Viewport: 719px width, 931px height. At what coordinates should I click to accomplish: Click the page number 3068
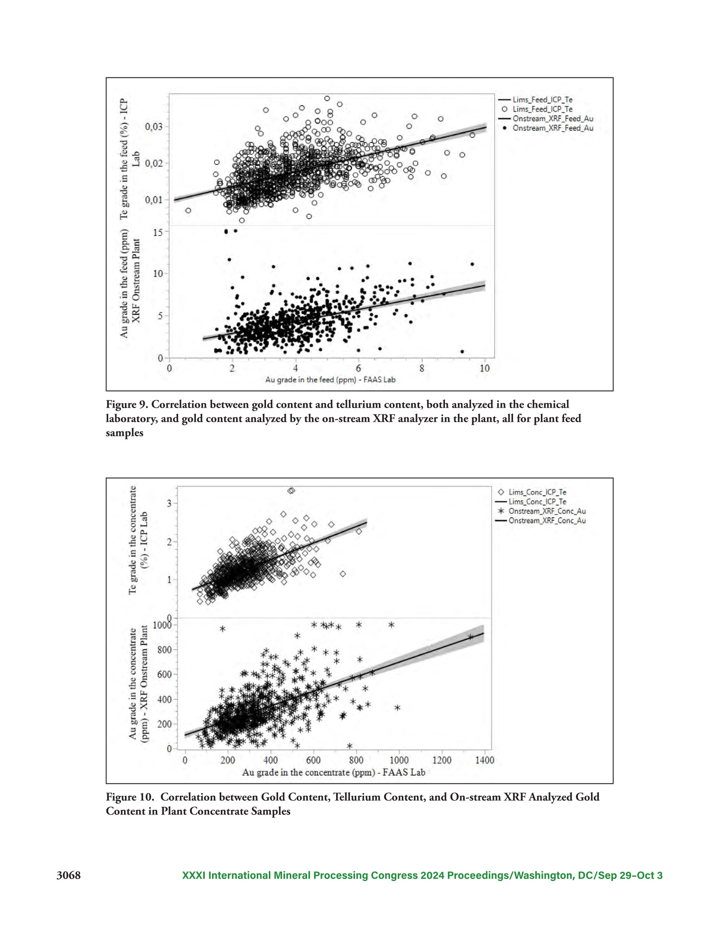69,875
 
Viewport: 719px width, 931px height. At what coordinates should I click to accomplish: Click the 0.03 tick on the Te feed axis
154,127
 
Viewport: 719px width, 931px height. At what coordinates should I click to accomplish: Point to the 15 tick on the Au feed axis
158,232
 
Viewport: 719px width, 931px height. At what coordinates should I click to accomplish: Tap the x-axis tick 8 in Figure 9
422,368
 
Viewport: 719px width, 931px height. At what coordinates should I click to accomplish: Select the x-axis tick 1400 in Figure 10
484,760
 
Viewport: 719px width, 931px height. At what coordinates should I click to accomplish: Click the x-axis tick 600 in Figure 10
313,760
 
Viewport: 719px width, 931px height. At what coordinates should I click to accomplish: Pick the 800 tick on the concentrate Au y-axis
164,650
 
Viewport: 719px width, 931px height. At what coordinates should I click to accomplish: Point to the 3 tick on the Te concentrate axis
169,504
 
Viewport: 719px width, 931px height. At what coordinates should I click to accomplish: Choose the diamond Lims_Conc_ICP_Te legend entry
532,492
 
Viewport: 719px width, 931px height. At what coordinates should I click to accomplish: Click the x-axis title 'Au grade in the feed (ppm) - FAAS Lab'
330,380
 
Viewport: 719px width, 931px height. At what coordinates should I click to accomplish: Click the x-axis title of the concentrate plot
334,773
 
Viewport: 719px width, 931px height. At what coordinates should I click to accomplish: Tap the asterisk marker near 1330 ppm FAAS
470,637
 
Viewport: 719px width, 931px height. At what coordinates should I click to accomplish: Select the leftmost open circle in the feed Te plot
188,210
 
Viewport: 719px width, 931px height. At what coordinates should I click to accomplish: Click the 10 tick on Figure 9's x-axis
484,368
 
